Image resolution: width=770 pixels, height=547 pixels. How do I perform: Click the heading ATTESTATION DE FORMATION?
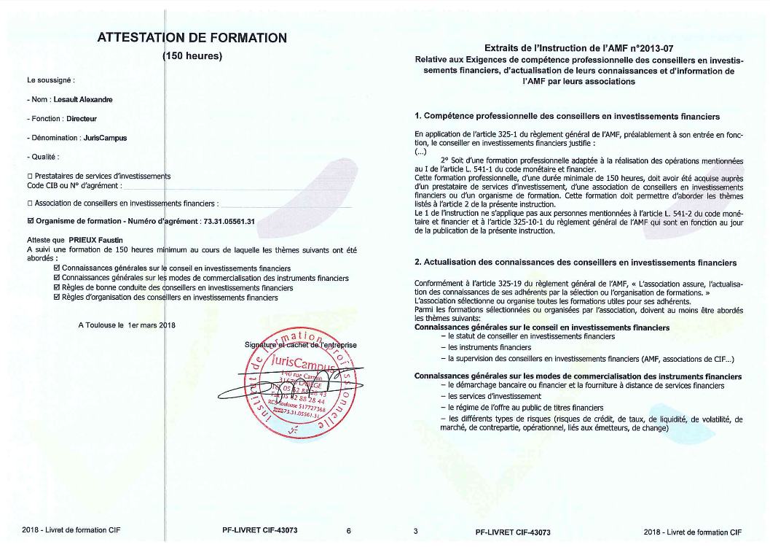[x=192, y=38]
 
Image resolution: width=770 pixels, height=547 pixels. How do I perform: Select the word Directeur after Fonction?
[x=82, y=118]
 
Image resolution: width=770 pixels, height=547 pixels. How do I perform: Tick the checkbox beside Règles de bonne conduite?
[x=58, y=288]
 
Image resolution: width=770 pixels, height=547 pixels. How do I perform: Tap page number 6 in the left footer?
[x=349, y=531]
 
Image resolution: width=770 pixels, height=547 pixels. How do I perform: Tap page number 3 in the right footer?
[x=415, y=532]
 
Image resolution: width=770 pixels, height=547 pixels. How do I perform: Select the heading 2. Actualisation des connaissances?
[x=575, y=263]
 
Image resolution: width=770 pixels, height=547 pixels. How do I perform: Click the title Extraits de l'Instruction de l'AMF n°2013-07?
[x=579, y=47]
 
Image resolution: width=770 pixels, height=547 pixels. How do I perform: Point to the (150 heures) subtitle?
[x=191, y=56]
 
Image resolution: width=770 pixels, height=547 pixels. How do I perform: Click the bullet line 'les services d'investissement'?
[x=484, y=396]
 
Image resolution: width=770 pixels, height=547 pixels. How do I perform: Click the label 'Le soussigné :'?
[x=50, y=79]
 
